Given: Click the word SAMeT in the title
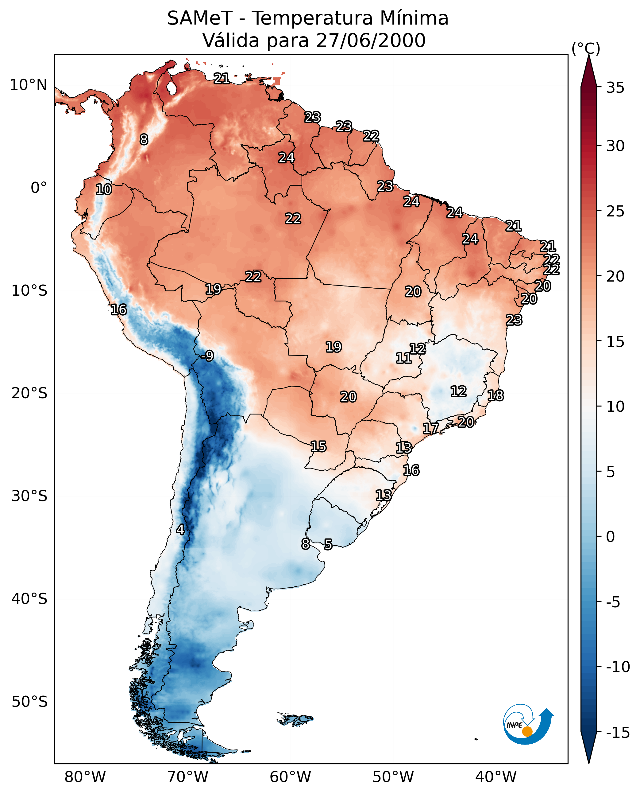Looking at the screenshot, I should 200,18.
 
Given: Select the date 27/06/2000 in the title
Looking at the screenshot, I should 371,41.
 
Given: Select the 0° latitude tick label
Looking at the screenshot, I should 39,188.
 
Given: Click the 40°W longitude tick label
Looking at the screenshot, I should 495,777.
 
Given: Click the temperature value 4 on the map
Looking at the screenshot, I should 180,530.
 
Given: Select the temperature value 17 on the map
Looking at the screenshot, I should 430,429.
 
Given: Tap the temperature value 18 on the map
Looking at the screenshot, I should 495,395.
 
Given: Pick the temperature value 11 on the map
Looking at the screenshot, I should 403,358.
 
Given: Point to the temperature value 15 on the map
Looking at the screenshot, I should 318,447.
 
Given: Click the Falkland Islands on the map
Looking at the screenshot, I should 295,719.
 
